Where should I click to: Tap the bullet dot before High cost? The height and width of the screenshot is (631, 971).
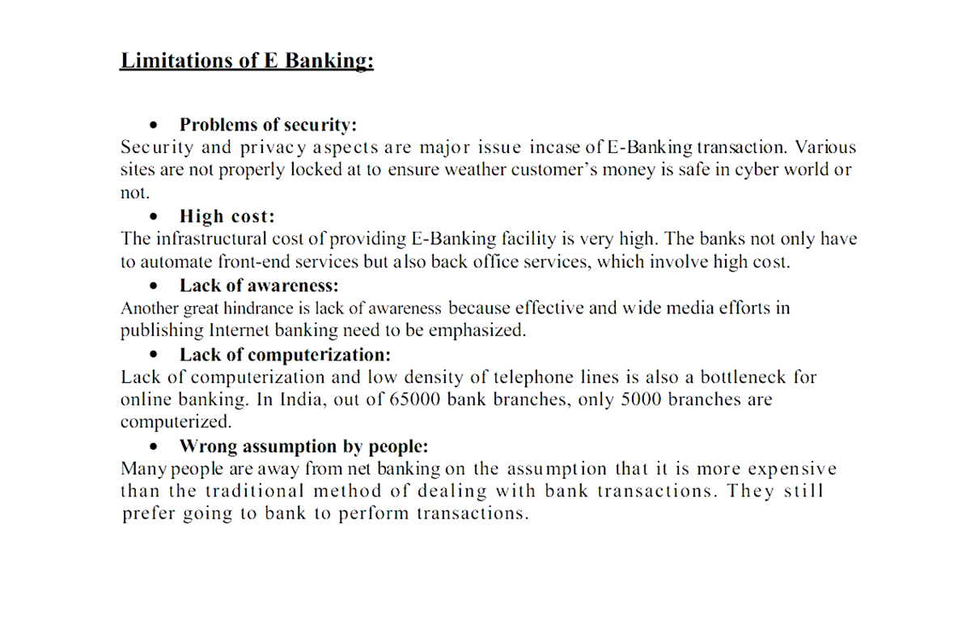tap(153, 217)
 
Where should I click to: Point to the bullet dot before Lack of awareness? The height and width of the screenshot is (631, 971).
tap(153, 286)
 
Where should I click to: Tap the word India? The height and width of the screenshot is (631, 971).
tap(299, 400)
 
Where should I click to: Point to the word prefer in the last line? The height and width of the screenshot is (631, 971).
tap(149, 515)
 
